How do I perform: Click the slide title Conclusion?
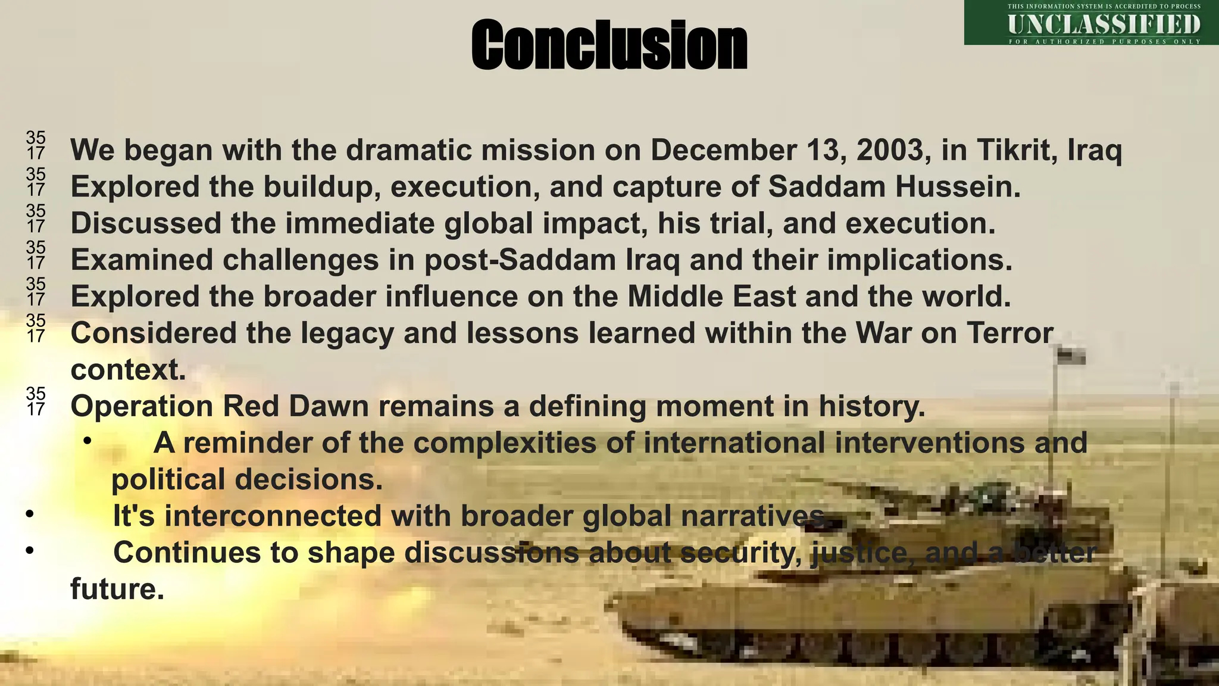[609, 45]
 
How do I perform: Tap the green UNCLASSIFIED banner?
[1091, 23]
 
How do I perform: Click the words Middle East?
[711, 297]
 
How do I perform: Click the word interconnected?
[273, 516]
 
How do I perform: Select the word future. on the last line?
[117, 589]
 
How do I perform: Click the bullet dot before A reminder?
[87, 441]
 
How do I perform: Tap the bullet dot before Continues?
[29, 551]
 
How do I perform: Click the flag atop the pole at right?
[1071, 356]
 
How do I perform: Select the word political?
[168, 479]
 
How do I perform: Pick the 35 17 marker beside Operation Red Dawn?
[36, 401]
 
